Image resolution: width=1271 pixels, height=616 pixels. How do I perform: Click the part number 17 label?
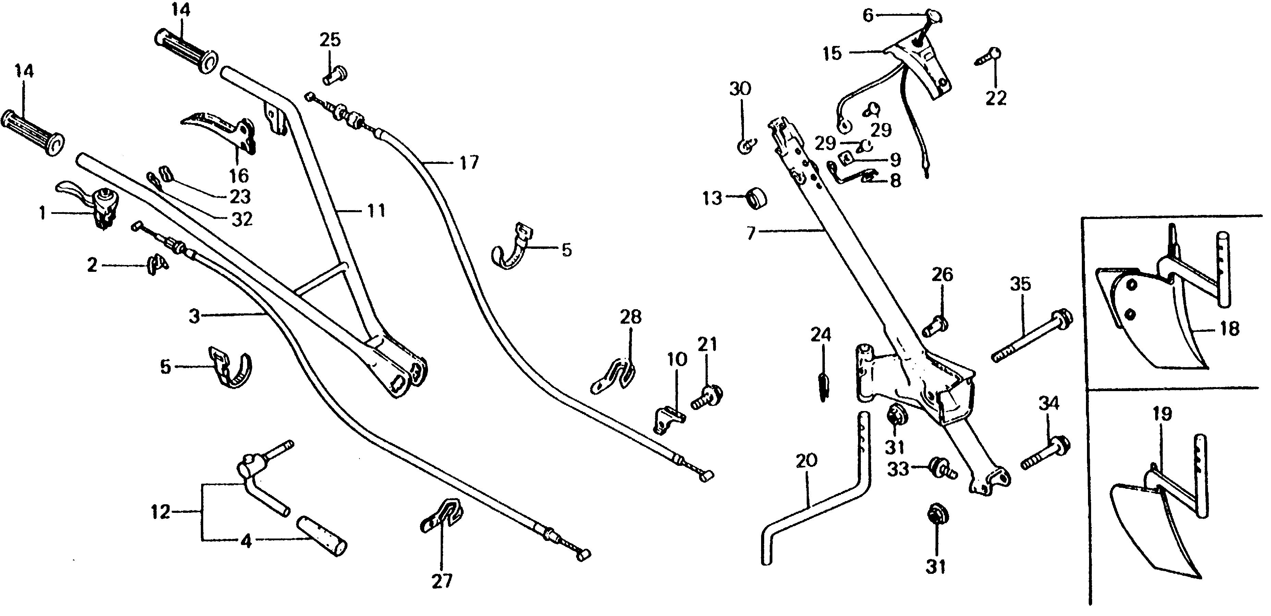point(469,162)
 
